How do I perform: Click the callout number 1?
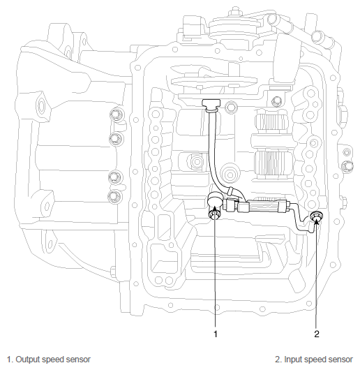(x=216, y=334)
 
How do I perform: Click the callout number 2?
(x=317, y=334)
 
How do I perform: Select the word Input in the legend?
(x=291, y=360)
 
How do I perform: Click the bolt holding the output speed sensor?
(x=213, y=215)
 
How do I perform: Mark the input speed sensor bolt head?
(x=315, y=216)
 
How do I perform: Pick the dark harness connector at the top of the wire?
(x=211, y=105)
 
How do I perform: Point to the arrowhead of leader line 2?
(x=317, y=221)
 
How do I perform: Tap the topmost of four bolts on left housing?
(x=117, y=114)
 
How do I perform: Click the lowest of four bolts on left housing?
(x=115, y=196)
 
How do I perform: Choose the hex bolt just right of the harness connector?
(x=230, y=107)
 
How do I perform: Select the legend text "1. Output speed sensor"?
(x=49, y=360)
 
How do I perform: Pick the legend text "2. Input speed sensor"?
(x=314, y=360)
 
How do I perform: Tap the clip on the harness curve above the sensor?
(x=230, y=191)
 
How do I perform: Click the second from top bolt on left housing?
(x=117, y=139)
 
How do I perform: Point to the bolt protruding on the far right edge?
(x=347, y=165)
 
